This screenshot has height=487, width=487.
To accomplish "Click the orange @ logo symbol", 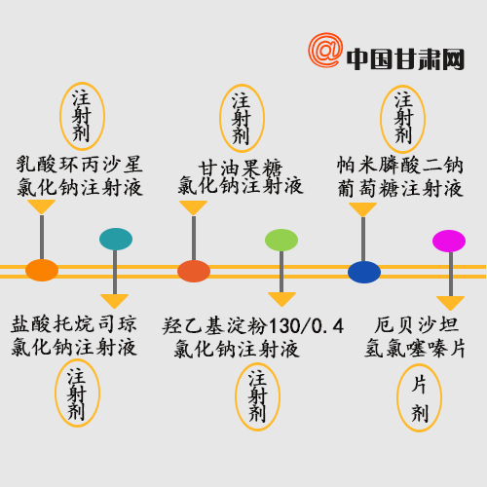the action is [x=325, y=50].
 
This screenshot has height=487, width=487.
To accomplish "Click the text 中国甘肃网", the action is [x=405, y=59].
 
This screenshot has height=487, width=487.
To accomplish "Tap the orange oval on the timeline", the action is [x=42, y=270].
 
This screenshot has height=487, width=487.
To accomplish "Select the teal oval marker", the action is [x=116, y=239].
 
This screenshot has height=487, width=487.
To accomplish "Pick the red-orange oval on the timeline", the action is [x=194, y=271].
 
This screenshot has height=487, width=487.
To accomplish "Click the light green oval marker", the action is [x=281, y=240].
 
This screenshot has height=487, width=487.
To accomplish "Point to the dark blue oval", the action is [x=364, y=272].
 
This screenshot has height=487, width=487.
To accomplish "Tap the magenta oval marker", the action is [x=449, y=241].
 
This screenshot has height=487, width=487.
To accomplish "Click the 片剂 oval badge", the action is [x=419, y=397].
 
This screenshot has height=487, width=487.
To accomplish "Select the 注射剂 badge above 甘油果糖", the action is [x=242, y=118].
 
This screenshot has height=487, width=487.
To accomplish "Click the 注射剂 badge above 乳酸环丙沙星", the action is [x=82, y=116].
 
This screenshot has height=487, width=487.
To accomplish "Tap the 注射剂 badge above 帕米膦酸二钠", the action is [x=402, y=119].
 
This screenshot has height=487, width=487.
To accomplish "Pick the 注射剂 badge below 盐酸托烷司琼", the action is [x=77, y=393].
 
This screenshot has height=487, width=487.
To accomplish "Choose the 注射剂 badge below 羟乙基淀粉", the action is [x=257, y=396].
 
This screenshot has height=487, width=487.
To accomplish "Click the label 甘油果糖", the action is [x=241, y=169].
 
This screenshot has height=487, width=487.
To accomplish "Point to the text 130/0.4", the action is [x=306, y=326].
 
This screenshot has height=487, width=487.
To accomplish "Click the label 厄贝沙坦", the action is [x=417, y=324].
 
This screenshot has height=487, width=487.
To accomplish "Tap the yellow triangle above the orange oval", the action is [x=41, y=206].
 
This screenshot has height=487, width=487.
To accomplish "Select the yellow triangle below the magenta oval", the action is [x=450, y=303].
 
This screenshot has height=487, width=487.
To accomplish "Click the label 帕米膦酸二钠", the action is [x=400, y=165].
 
